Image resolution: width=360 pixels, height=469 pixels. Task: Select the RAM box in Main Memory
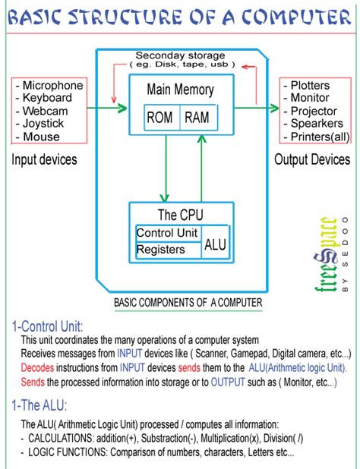click(x=197, y=118)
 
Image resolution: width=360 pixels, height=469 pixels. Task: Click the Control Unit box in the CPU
click(x=167, y=233)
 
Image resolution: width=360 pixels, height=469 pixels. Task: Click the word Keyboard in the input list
click(x=47, y=98)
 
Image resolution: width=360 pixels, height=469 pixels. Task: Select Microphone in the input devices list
click(x=52, y=85)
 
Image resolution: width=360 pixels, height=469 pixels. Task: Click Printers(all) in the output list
click(x=317, y=137)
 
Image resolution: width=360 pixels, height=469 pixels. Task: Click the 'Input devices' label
click(x=44, y=159)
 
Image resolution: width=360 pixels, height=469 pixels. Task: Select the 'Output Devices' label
click(x=312, y=159)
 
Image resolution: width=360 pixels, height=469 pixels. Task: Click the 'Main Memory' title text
click(x=180, y=90)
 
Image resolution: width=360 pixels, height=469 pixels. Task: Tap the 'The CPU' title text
click(x=179, y=215)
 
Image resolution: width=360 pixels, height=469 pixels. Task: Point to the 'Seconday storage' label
click(x=180, y=55)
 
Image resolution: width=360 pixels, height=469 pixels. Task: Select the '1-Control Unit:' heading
click(x=52, y=326)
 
